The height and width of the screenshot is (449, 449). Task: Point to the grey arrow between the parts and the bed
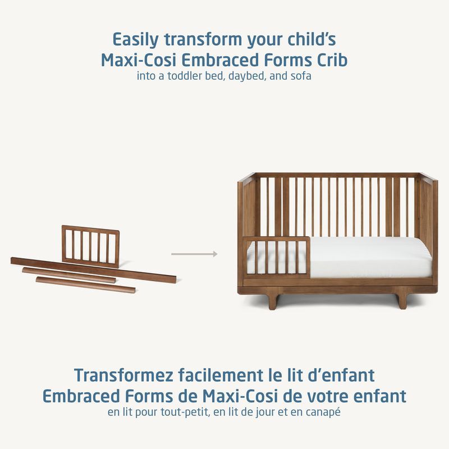[x=194, y=254]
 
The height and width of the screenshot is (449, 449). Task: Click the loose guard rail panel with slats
[x=90, y=245]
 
